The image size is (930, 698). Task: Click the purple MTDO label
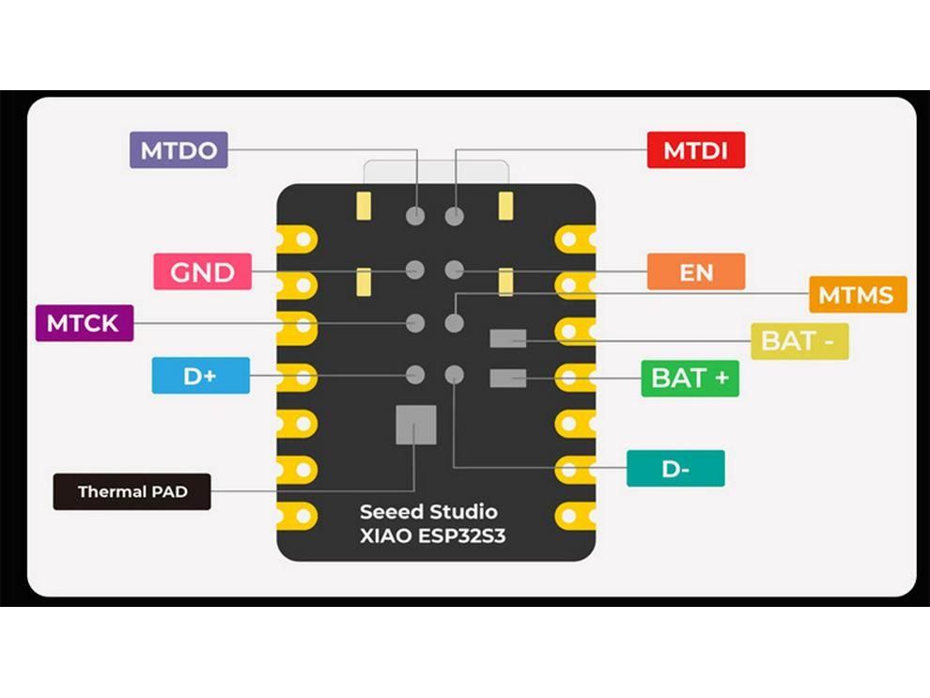[x=178, y=150]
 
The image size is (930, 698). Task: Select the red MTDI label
[x=696, y=150]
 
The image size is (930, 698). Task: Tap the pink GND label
[x=203, y=272]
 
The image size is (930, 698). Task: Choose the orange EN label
[x=696, y=272]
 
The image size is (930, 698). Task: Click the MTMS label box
[x=857, y=295]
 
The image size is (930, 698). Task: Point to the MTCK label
[x=84, y=324]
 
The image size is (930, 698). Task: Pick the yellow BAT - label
[x=798, y=341]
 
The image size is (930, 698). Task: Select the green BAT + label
[x=690, y=378]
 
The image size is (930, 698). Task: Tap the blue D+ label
[x=200, y=376]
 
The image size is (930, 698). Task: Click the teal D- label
[x=675, y=469]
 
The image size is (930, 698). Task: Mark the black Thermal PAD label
[x=132, y=491]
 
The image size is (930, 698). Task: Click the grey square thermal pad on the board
[x=415, y=425]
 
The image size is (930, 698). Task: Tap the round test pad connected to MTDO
[x=415, y=216]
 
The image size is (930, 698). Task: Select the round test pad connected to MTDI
[x=455, y=216]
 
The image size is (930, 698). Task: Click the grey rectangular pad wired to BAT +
[x=507, y=378]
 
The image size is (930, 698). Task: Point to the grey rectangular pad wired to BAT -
[x=507, y=338]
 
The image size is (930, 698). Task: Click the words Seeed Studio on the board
[x=428, y=512]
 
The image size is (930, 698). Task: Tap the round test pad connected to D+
[x=415, y=375]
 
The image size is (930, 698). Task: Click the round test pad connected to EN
[x=455, y=271]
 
